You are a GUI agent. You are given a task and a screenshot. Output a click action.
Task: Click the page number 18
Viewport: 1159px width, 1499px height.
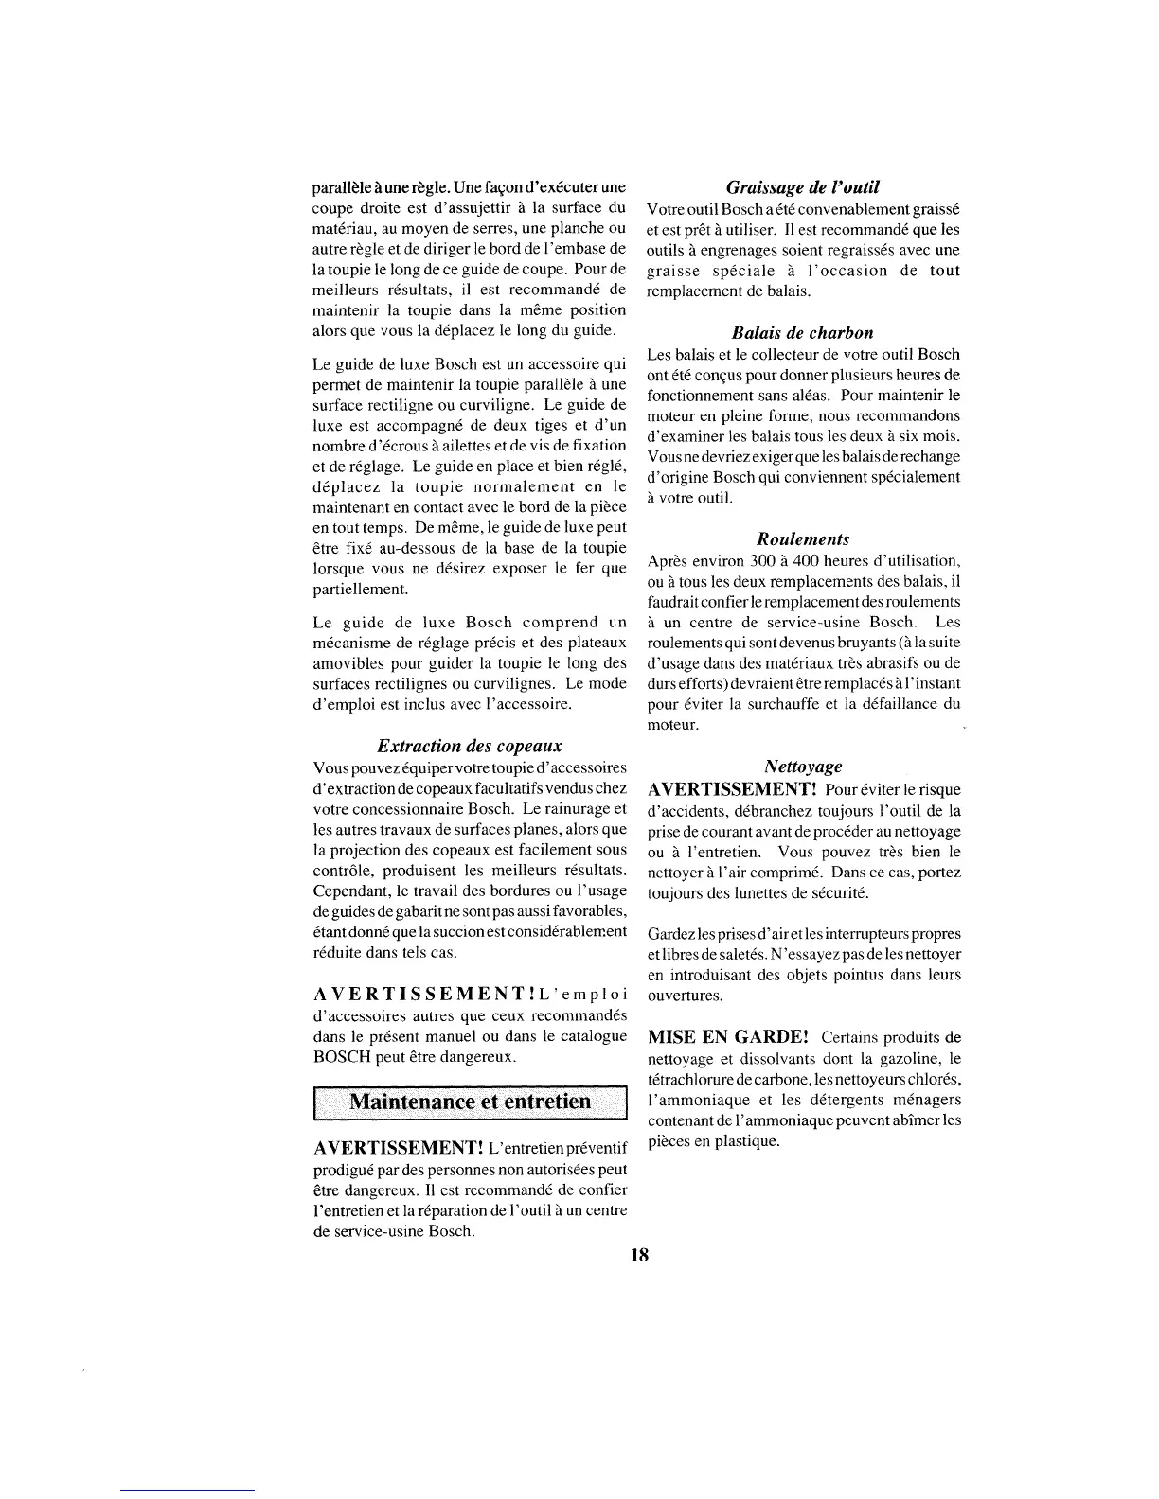click(x=638, y=1255)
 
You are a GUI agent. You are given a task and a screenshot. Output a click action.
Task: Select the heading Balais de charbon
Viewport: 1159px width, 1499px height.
click(x=803, y=332)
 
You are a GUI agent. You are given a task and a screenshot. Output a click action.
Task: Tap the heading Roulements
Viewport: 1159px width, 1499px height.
click(x=803, y=538)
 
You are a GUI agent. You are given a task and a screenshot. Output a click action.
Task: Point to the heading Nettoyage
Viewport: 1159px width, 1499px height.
click(x=803, y=766)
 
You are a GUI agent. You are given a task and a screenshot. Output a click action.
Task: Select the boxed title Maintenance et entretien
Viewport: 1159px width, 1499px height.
click(x=471, y=1102)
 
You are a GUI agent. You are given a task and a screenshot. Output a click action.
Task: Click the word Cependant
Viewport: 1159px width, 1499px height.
click(x=351, y=891)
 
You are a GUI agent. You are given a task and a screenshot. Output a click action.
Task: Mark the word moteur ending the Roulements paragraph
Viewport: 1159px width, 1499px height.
click(x=672, y=724)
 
